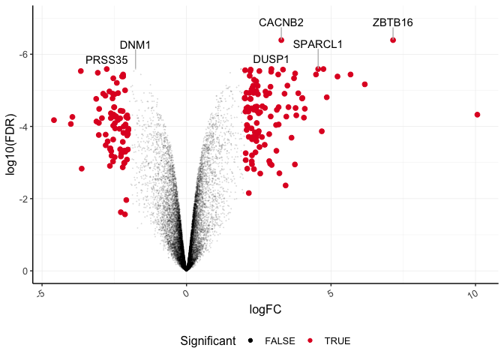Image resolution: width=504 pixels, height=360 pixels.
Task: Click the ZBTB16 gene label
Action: [392, 23]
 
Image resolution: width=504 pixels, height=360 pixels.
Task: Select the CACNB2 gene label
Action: [281, 23]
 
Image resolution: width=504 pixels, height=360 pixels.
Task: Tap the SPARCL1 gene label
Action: [317, 44]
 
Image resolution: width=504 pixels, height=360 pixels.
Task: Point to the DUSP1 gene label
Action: [271, 58]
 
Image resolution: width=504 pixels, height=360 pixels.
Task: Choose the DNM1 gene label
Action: [135, 45]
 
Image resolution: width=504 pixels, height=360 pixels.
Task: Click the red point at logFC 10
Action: [477, 114]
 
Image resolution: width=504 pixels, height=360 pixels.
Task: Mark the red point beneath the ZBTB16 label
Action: [393, 40]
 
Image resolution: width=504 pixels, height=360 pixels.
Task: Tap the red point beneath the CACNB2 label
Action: [281, 40]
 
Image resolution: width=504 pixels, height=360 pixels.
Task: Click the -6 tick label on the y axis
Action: [24, 55]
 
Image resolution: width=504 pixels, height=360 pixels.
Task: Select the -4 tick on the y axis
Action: [24, 127]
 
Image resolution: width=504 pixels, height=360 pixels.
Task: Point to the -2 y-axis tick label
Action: [24, 199]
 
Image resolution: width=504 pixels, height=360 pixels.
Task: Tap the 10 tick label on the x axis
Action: [473, 295]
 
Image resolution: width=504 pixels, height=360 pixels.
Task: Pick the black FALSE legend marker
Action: [250, 341]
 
